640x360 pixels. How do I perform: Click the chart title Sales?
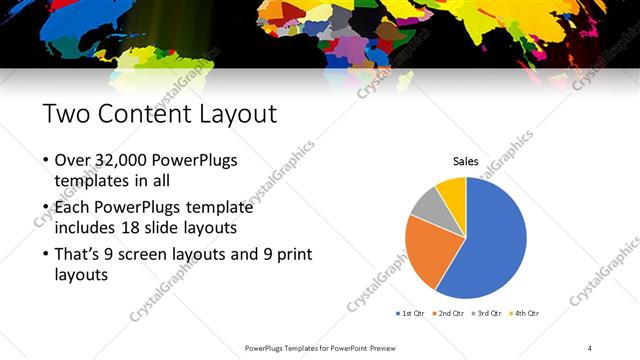466,160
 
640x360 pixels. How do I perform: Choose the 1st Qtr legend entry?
412,314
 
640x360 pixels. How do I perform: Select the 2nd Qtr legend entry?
449,314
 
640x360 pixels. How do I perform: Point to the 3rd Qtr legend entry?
487,314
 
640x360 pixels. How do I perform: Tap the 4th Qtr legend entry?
525,314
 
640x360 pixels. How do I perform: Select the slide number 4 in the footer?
590,347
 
